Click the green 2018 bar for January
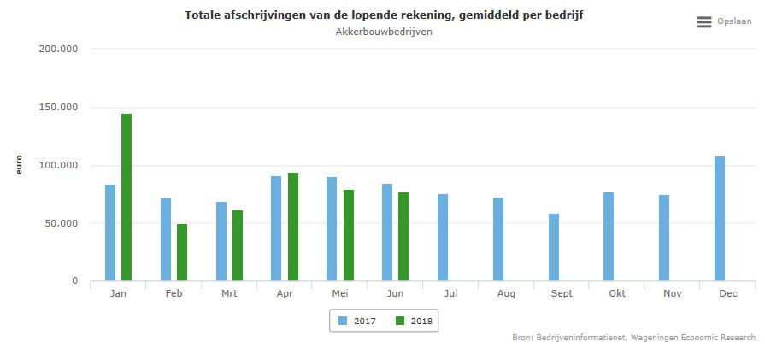point(127,197)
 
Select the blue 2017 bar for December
point(720,218)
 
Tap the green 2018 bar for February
point(182,252)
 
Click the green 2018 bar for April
point(293,227)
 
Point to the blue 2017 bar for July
point(443,237)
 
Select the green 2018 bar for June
point(403,236)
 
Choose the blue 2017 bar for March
point(221,241)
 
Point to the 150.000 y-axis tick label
point(59,107)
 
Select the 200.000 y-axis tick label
point(59,49)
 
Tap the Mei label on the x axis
point(339,292)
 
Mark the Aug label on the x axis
point(505,292)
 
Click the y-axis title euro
point(18,165)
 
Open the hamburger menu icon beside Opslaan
point(704,22)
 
